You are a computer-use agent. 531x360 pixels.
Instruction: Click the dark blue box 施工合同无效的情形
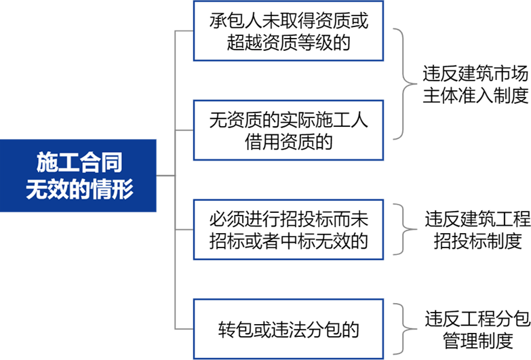78,176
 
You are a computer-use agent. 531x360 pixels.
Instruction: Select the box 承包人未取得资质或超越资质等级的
288,31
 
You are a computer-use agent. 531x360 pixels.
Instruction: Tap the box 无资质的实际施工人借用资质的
288,130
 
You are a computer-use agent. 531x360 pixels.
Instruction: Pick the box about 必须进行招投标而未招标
288,230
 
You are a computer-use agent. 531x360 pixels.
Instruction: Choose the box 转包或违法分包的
288,329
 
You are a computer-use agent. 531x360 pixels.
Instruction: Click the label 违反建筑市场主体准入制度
475,84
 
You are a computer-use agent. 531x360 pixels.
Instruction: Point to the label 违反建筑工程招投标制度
477,230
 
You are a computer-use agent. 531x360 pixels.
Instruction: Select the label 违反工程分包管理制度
477,329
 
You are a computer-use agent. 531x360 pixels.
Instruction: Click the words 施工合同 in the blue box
79,162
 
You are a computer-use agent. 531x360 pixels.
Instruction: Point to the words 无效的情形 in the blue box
79,188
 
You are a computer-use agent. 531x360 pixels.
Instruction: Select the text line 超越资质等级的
288,42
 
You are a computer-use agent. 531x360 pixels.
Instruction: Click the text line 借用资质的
288,142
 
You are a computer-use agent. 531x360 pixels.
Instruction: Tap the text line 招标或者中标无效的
288,241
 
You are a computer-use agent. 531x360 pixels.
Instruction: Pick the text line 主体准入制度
475,95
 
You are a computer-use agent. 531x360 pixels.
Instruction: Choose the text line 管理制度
478,340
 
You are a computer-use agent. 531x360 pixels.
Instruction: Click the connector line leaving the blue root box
165,176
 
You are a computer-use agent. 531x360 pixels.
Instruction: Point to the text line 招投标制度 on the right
478,241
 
